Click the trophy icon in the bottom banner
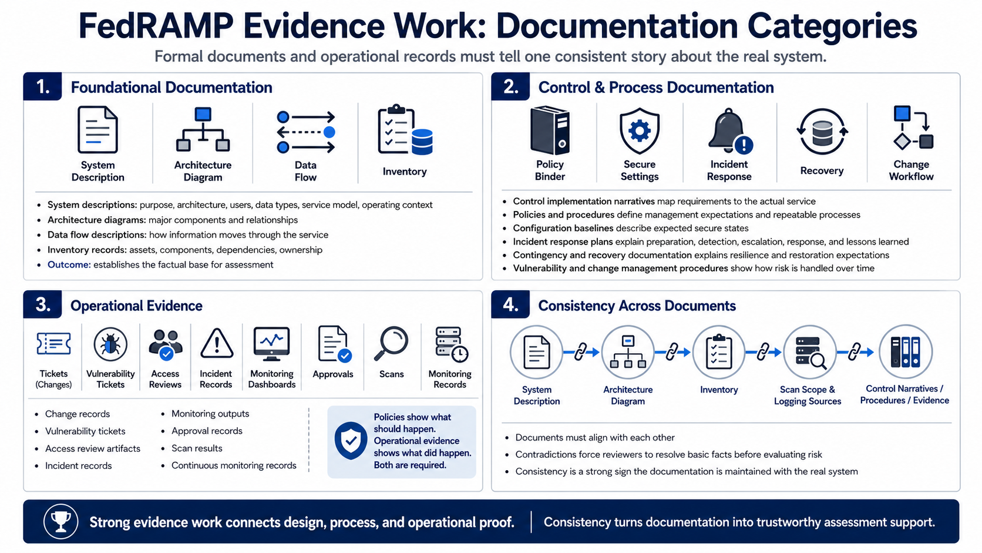(x=60, y=521)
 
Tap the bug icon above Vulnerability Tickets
(x=110, y=345)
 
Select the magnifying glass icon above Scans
(x=391, y=343)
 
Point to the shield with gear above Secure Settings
(x=640, y=130)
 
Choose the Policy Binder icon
(x=550, y=130)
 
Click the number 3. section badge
(x=42, y=304)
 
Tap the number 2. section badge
(x=510, y=86)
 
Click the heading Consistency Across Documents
(x=637, y=306)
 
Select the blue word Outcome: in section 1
(x=69, y=265)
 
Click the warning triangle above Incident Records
(x=217, y=344)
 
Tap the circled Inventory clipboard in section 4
(x=719, y=352)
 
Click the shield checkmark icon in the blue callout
(x=351, y=441)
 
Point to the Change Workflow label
(x=911, y=170)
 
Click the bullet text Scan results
(x=197, y=448)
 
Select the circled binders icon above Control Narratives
(x=905, y=352)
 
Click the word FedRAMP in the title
(x=156, y=26)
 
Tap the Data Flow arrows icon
(x=306, y=132)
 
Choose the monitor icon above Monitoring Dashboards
(x=272, y=344)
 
